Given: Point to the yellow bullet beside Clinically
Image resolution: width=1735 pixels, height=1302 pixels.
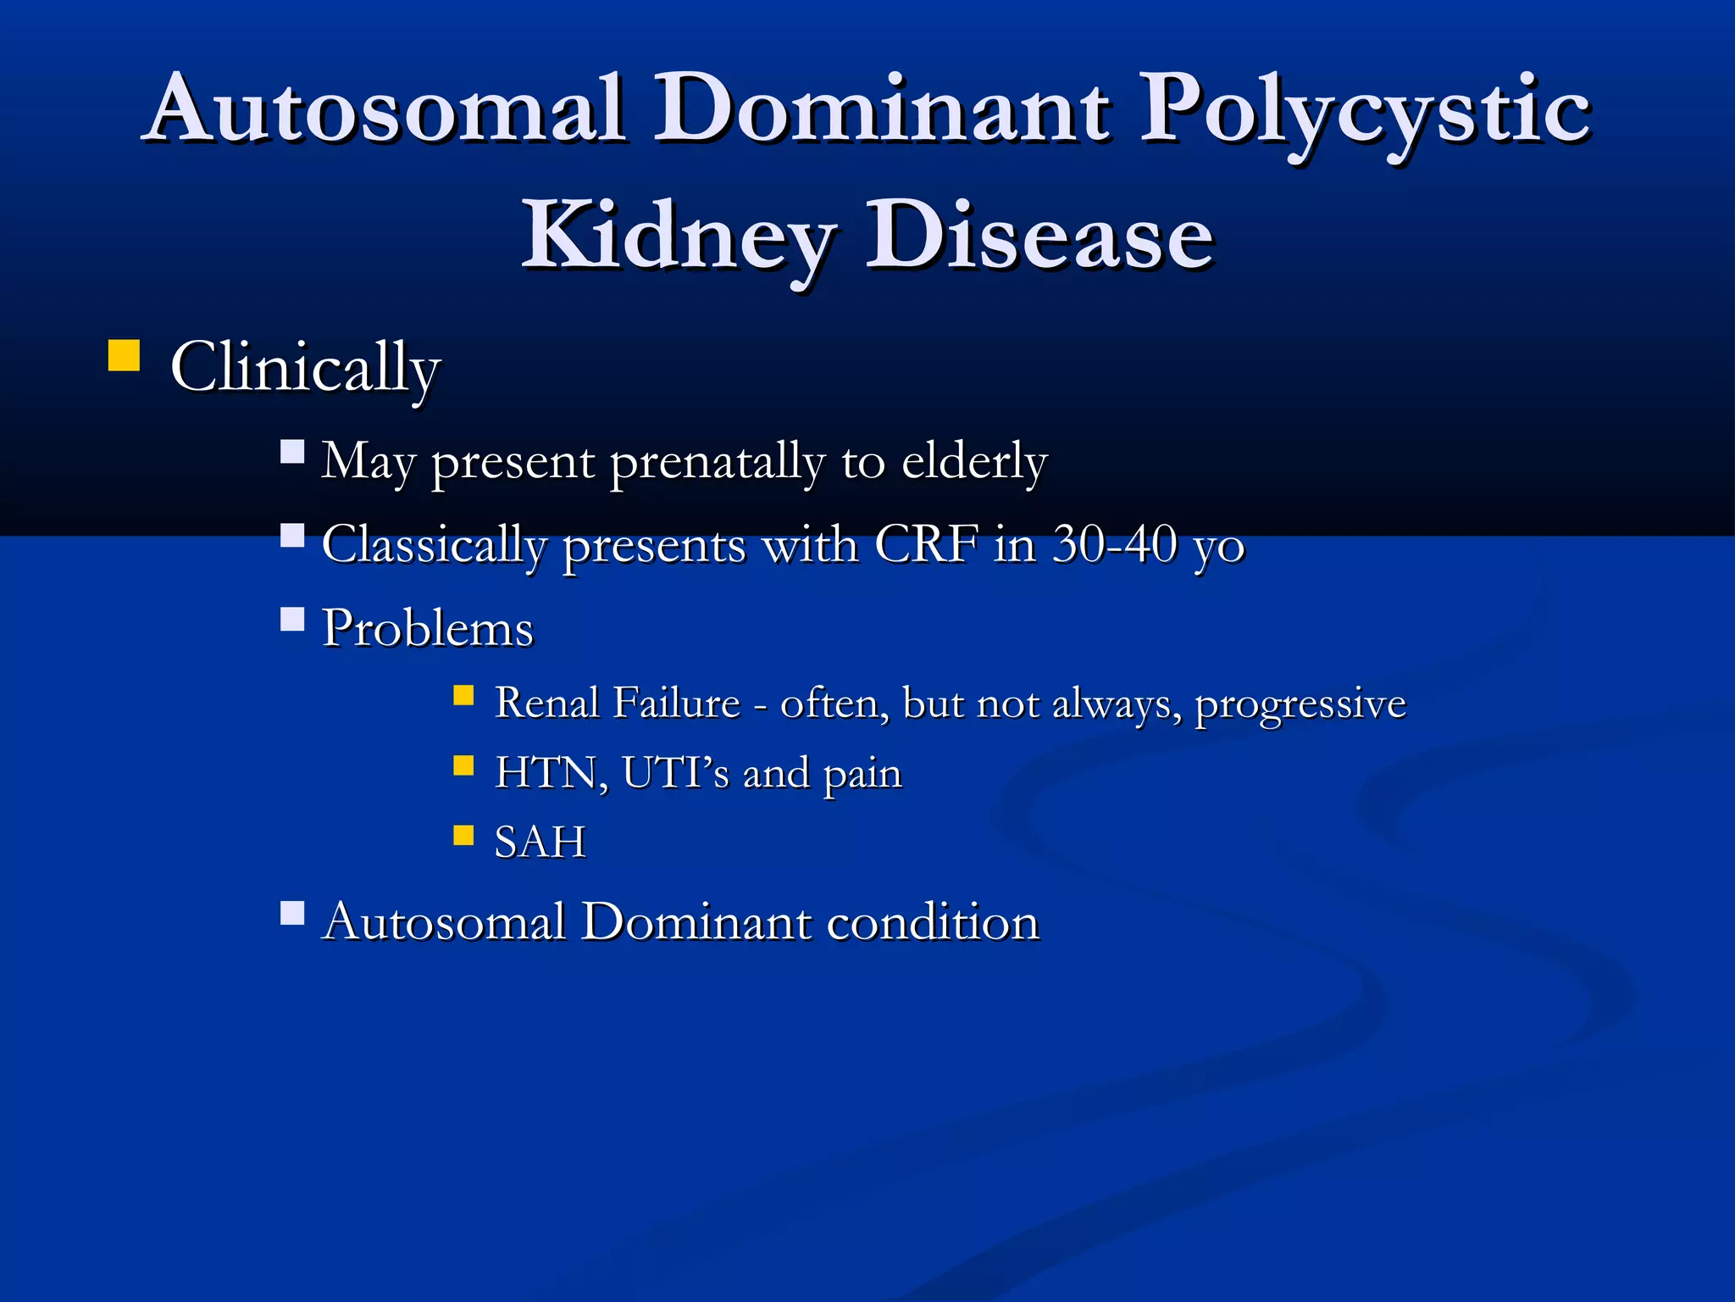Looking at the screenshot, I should tap(124, 356).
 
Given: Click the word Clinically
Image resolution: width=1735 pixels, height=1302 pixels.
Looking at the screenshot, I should tap(305, 368).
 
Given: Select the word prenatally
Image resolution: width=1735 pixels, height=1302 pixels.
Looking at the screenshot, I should tap(717, 462).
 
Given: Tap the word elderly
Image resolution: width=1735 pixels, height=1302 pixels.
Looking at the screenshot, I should tap(974, 462).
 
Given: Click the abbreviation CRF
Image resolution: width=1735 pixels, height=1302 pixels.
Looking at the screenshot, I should tap(926, 543).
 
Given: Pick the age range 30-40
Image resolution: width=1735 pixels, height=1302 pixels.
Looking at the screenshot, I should tap(1115, 543).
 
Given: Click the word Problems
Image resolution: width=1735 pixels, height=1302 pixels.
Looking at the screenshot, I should tap(428, 629).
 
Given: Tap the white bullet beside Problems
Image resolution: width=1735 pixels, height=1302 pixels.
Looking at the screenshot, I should tap(292, 620).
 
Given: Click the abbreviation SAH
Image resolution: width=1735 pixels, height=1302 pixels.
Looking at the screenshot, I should tap(540, 843).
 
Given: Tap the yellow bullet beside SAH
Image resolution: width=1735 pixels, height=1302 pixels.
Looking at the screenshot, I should tap(463, 836).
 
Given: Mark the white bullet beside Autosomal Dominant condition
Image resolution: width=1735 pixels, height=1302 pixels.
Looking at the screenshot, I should tap(292, 913).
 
